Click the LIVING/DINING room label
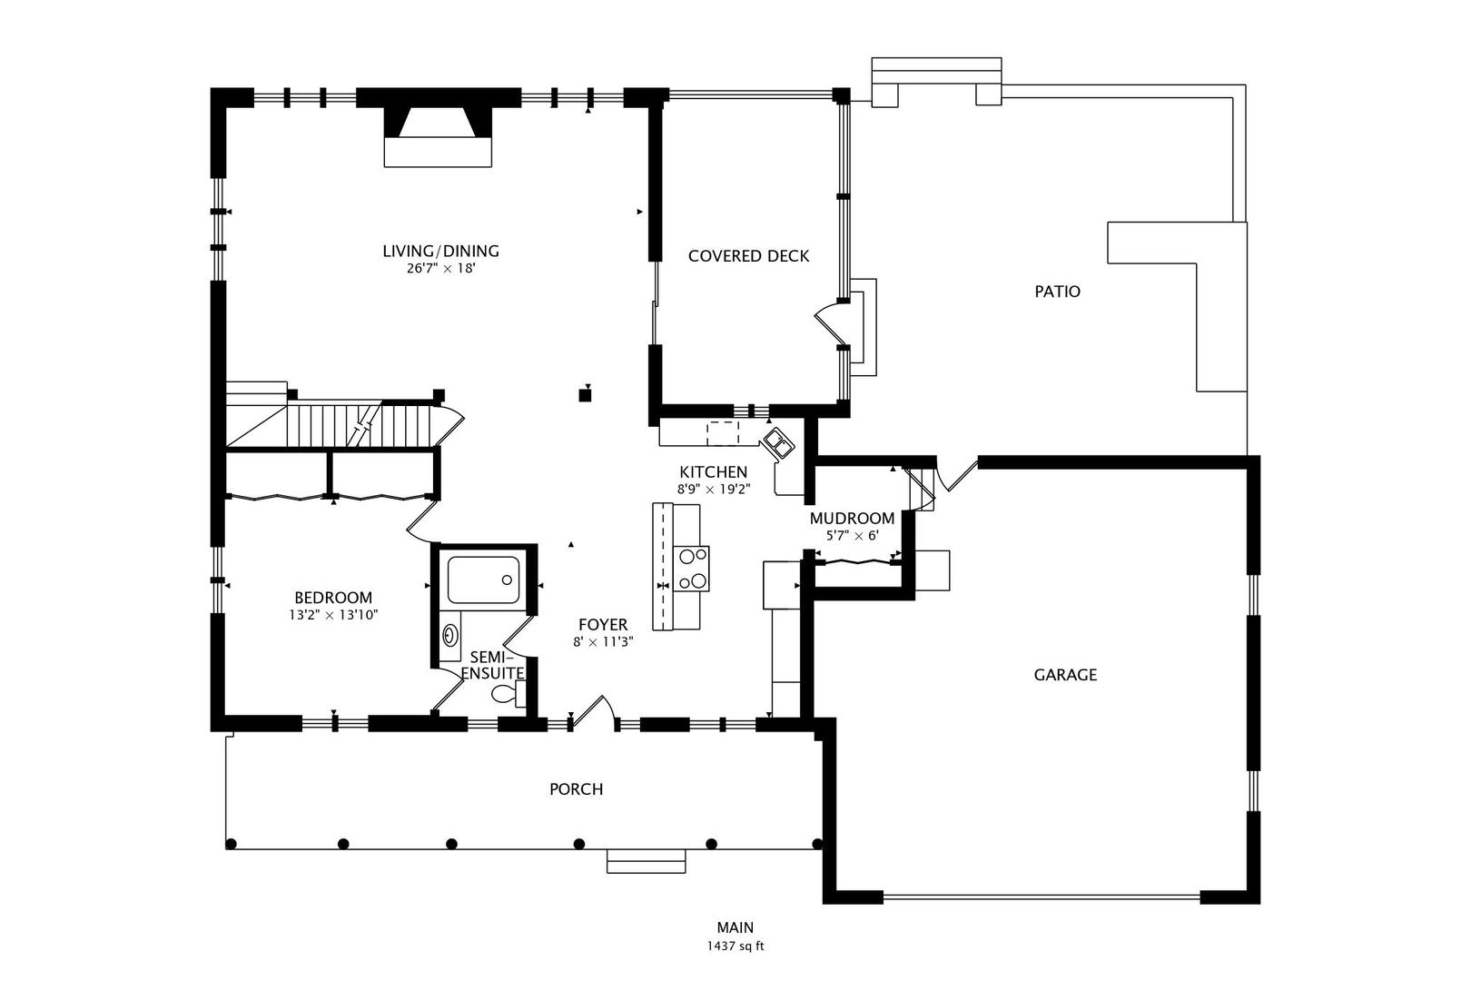pos(440,252)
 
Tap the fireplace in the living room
pos(438,136)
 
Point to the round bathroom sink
pos(450,633)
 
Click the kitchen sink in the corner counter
pos(779,444)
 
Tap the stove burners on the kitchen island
pos(691,569)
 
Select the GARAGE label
pos(1065,675)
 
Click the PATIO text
pos(1058,292)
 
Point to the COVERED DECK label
pos(748,256)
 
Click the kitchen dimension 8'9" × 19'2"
pos(713,489)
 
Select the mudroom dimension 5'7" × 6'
pos(852,536)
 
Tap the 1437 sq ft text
pos(735,946)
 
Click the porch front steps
pos(646,861)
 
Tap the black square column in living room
pos(586,394)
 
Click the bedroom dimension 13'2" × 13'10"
pos(333,615)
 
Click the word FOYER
pos(603,625)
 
